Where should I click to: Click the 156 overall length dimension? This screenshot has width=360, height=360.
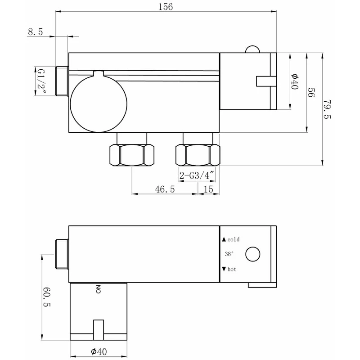(x=166, y=7)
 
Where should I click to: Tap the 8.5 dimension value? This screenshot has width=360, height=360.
(x=36, y=31)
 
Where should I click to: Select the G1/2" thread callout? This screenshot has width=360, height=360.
(x=41, y=81)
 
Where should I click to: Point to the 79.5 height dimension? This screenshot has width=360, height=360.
(x=327, y=109)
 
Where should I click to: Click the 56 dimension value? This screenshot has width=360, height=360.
(x=311, y=92)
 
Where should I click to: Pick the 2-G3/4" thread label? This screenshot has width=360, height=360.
(x=197, y=175)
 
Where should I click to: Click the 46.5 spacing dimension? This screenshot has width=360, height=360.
(x=165, y=189)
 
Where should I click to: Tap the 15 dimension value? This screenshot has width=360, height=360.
(x=208, y=189)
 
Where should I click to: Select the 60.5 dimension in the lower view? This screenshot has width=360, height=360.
(x=47, y=297)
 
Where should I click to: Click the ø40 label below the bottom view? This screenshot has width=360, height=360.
(x=99, y=351)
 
